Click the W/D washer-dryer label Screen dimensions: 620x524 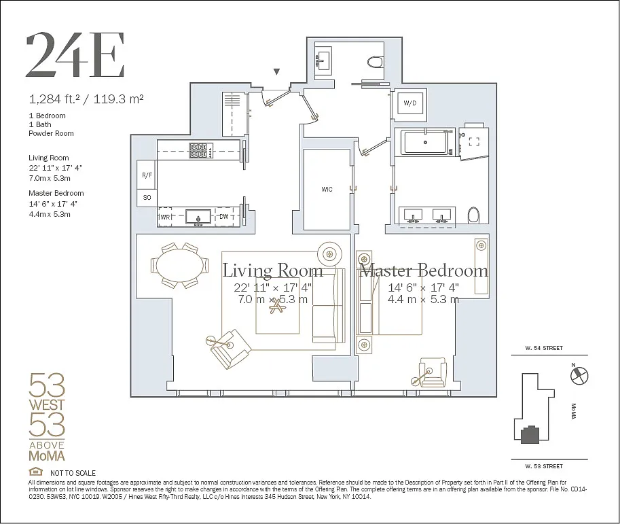[x=410, y=103]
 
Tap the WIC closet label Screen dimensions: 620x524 [x=327, y=190]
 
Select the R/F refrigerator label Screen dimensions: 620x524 [x=147, y=175]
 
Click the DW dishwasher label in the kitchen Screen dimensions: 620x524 [x=224, y=217]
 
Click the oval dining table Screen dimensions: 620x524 [x=179, y=266]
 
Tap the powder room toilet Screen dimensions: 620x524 [x=376, y=62]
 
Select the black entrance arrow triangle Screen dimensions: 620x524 [x=277, y=71]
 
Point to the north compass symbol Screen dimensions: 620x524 [x=579, y=375]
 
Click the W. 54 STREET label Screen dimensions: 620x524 [x=544, y=348]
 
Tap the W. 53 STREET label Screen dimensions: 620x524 [x=544, y=466]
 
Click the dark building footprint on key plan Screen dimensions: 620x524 [x=530, y=434]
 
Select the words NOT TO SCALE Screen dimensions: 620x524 [x=73, y=473]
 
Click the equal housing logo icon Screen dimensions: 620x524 [x=35, y=472]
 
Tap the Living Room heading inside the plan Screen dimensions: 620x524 [x=273, y=270]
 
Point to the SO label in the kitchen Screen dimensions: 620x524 [x=147, y=198]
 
